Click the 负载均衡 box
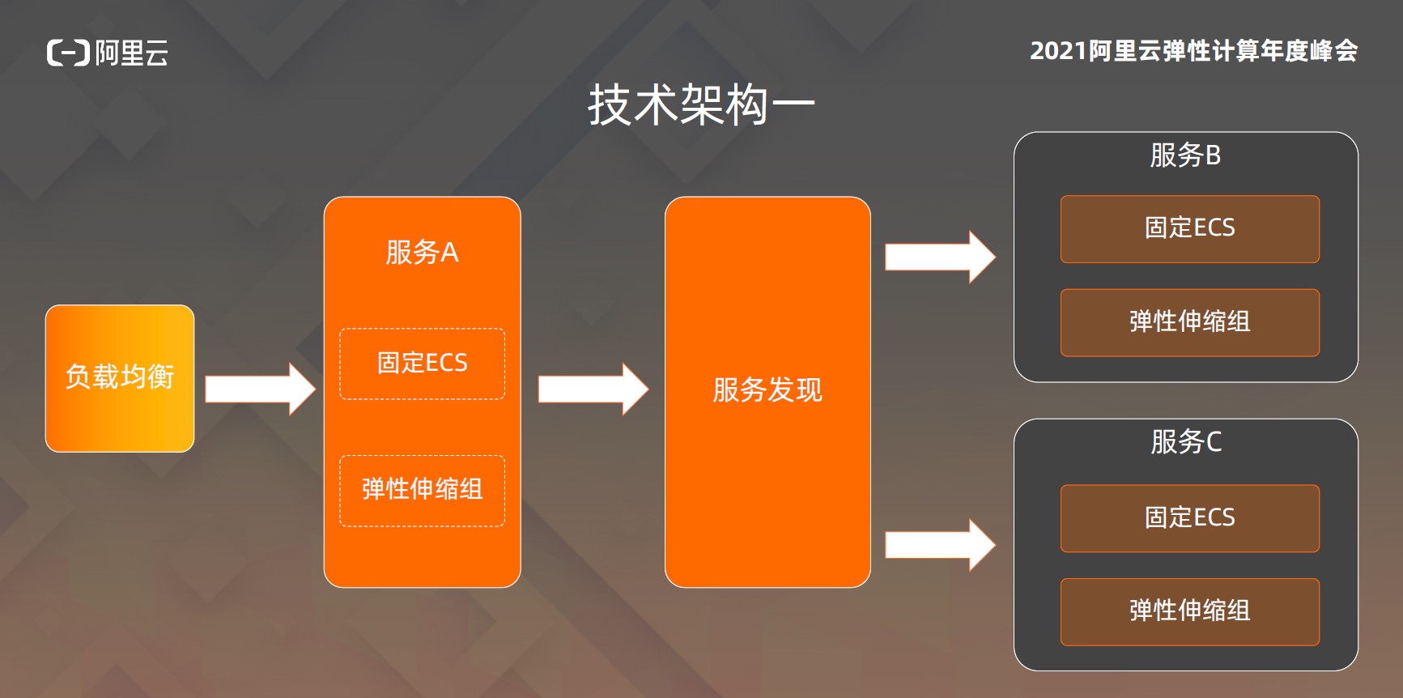point(120,378)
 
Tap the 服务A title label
point(422,253)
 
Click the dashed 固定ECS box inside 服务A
point(422,364)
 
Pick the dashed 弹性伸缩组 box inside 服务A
point(422,490)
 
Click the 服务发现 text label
point(767,390)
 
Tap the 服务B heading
point(1185,155)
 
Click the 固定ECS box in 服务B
point(1189,228)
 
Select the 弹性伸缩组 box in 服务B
point(1189,322)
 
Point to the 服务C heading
point(1186,442)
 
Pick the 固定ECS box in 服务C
point(1189,518)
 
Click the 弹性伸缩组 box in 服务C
point(1189,611)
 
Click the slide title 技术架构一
point(701,105)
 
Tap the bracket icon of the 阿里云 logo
point(68,53)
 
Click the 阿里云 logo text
point(132,53)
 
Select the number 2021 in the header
point(1057,51)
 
